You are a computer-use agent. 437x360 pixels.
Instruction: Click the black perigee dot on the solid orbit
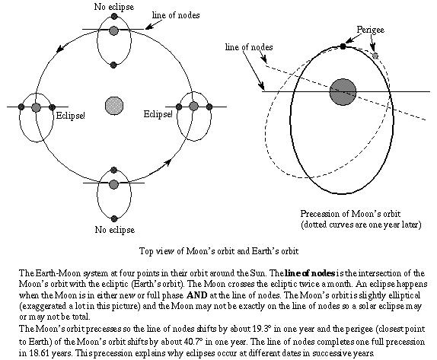(343, 46)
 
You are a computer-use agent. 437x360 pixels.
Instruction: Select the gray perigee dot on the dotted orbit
(375, 56)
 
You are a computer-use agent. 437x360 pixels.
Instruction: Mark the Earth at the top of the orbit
(113, 30)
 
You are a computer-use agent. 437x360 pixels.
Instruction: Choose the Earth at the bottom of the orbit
(113, 183)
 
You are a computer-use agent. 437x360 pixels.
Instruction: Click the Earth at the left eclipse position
(36, 107)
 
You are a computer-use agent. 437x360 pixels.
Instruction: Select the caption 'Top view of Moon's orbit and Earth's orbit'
(218, 250)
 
